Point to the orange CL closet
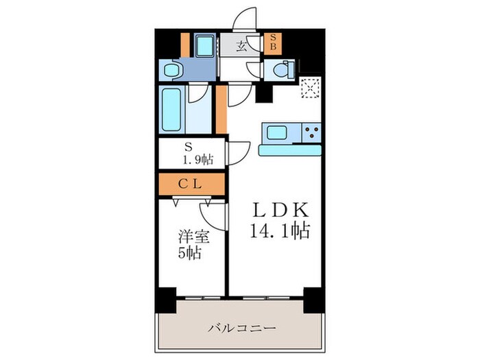(191, 184)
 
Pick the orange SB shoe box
(272, 43)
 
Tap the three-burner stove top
(311, 132)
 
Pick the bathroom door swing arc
(200, 96)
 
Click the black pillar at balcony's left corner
(165, 299)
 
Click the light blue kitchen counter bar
(290, 149)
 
